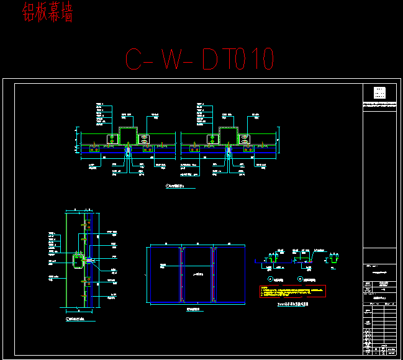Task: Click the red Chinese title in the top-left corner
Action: click(47, 13)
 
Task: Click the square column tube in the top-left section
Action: click(129, 135)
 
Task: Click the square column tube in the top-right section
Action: click(228, 135)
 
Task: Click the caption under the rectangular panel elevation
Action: click(195, 308)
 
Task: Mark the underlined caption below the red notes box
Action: click(292, 304)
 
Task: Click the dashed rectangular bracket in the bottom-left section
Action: click(77, 260)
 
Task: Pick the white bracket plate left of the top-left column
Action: click(112, 138)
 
